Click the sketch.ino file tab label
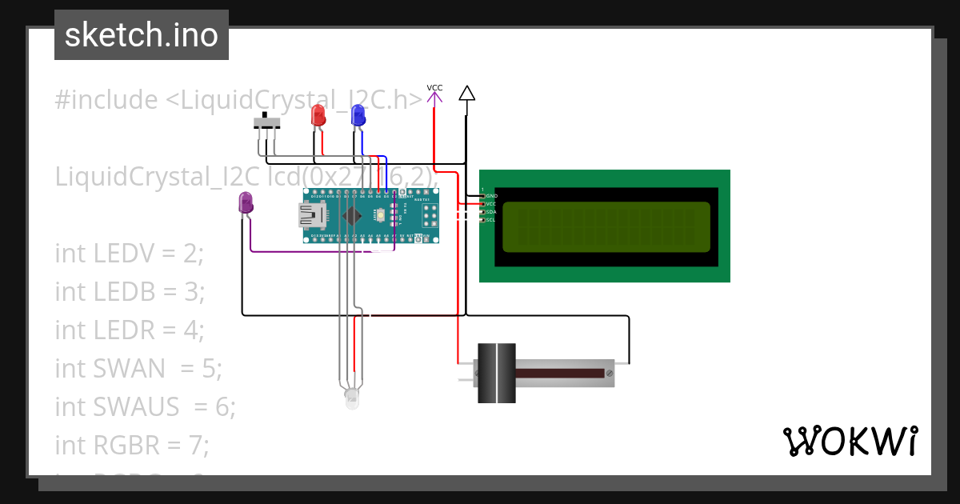click(142, 35)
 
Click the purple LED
click(246, 202)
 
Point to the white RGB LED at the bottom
click(352, 398)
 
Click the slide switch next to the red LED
click(266, 123)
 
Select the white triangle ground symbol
click(467, 94)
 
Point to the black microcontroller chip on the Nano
click(350, 215)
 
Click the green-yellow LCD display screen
click(606, 226)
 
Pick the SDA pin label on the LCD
click(490, 211)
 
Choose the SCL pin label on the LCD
click(490, 219)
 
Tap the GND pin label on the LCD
click(491, 195)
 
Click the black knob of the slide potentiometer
click(496, 373)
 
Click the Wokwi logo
click(849, 441)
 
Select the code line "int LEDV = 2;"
click(130, 254)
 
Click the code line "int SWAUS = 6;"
click(145, 407)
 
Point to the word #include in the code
click(106, 100)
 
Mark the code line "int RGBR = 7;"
click(132, 445)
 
